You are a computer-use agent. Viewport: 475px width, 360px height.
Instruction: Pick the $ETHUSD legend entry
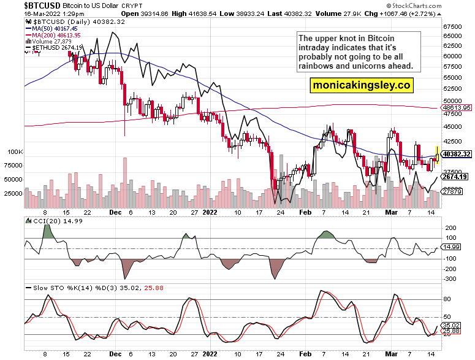[51, 48]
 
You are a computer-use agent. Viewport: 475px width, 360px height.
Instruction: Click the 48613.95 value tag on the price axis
[457, 107]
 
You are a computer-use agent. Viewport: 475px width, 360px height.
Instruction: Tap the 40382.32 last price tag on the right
[457, 154]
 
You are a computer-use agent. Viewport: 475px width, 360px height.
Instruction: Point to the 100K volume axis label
[14, 151]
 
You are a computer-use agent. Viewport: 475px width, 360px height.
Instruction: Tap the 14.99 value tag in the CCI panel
[451, 247]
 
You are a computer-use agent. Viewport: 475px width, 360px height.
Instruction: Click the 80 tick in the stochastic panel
[447, 299]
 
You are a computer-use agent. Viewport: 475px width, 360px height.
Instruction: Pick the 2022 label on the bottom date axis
[210, 354]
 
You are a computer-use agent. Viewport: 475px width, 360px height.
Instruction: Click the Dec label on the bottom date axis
[116, 354]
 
